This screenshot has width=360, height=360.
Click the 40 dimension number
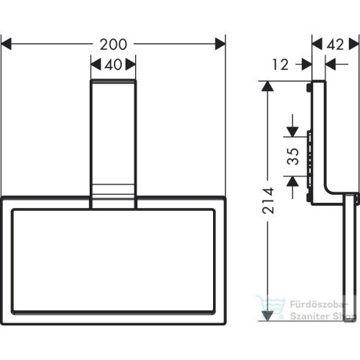pyautogui.click(x=113, y=65)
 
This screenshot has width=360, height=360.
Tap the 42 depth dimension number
pyautogui.click(x=335, y=45)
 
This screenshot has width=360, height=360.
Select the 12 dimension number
pyautogui.click(x=279, y=65)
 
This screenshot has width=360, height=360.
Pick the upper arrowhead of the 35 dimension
pyautogui.click(x=292, y=132)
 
